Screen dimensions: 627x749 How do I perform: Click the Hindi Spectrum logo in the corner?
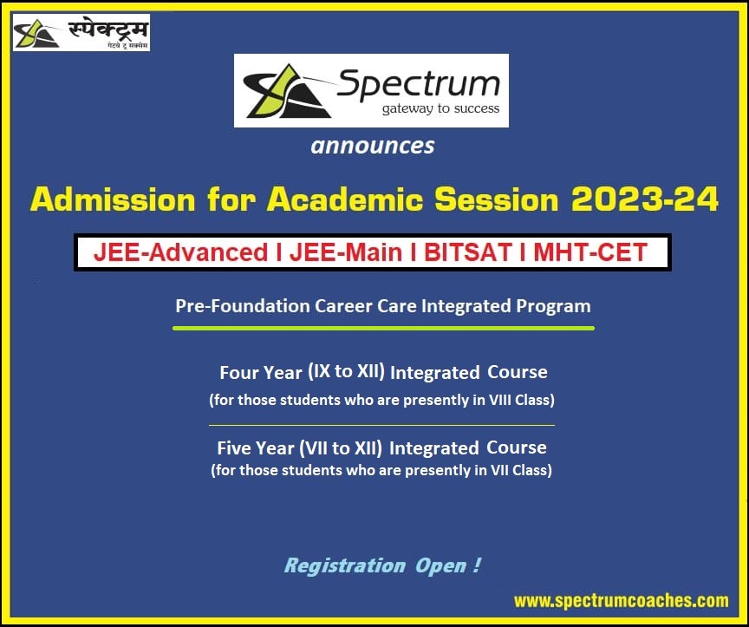[x=81, y=33]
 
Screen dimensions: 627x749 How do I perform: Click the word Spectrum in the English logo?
[x=418, y=84]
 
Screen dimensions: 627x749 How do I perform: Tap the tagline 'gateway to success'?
[x=440, y=109]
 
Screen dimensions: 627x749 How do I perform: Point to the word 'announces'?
[x=373, y=146]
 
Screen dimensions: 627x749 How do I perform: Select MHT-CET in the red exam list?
[x=590, y=252]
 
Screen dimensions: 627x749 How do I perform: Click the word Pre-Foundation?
[x=231, y=306]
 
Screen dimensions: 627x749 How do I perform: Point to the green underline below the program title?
[x=383, y=329]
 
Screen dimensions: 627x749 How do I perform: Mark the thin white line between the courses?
[x=381, y=425]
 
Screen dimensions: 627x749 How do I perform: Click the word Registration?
[x=344, y=566]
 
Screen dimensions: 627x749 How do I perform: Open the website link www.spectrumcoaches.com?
[x=621, y=600]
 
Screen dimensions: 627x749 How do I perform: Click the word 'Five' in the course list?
[x=233, y=448]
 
